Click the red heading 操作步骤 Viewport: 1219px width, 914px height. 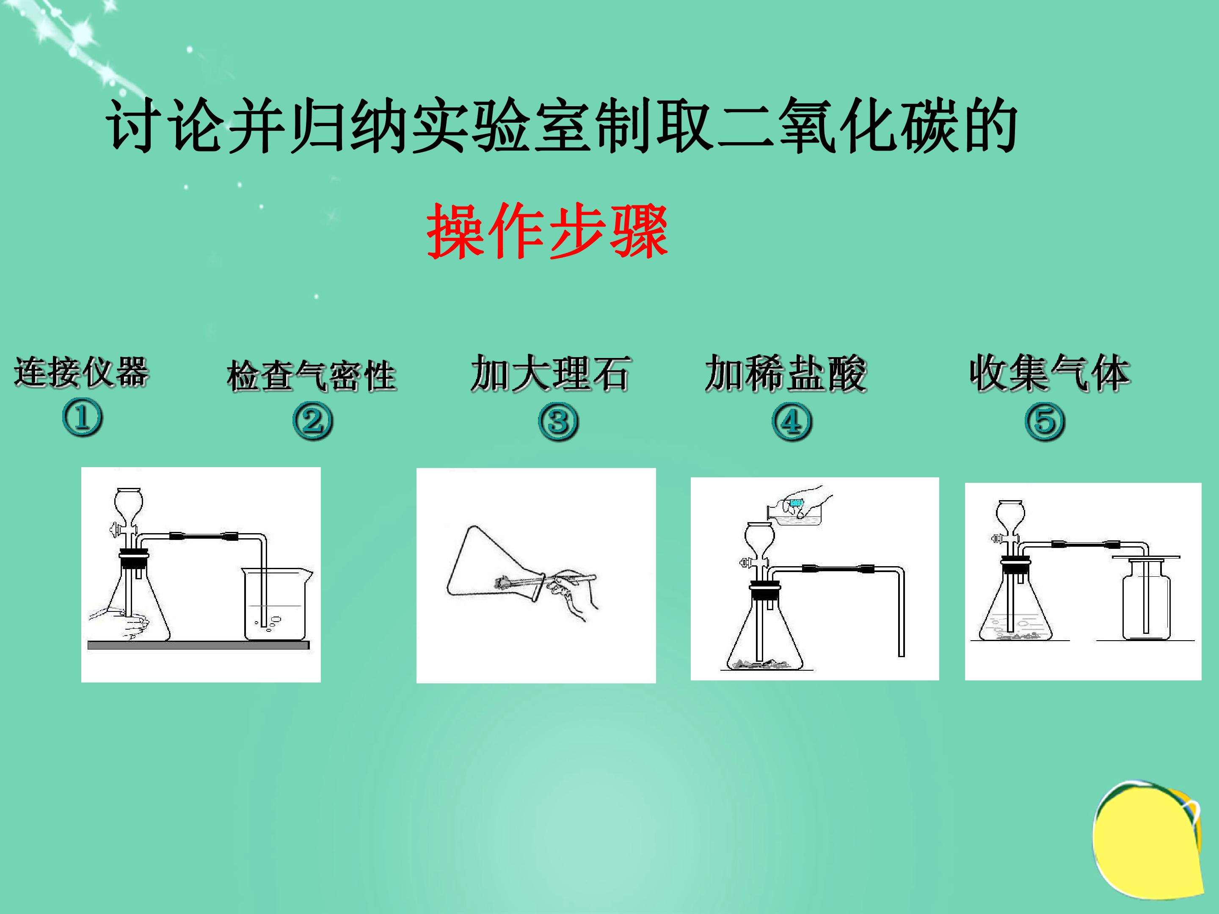(547, 230)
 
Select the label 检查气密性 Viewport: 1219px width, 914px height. (312, 376)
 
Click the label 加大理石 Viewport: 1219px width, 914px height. (550, 374)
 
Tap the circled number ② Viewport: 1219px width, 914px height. (312, 421)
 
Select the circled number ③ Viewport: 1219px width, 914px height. (558, 421)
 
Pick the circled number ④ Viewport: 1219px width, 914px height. (792, 421)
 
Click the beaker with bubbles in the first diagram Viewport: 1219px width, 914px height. (277, 604)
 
